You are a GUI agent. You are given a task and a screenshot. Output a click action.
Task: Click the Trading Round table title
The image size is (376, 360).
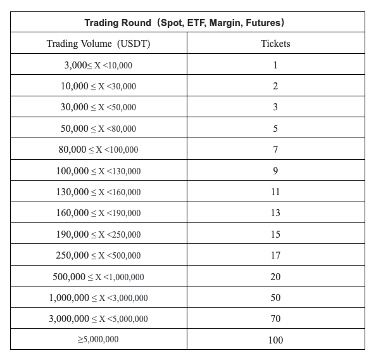coord(187,23)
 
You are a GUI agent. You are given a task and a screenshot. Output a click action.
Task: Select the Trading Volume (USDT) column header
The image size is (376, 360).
coord(98,44)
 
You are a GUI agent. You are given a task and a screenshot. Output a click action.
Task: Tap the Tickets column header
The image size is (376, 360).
coord(275,44)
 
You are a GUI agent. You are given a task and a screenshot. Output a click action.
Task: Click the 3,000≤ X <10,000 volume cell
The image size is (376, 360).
coord(98,65)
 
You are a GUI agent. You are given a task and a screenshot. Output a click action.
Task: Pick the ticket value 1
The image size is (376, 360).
coord(275,65)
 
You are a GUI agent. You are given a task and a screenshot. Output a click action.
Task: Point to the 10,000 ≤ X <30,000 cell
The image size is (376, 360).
coord(98,86)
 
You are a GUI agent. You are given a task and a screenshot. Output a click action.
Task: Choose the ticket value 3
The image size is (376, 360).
coord(275,107)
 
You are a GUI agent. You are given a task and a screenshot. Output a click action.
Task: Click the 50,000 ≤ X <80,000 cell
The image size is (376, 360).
coord(98,129)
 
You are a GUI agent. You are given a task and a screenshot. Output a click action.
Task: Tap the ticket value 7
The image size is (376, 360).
coord(275,150)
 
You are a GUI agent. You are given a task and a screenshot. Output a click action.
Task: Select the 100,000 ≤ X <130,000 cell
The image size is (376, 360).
coord(98,171)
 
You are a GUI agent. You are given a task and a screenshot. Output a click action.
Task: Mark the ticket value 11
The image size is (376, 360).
coord(275,192)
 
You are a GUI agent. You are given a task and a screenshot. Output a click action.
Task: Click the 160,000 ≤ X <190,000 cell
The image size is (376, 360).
coord(98,213)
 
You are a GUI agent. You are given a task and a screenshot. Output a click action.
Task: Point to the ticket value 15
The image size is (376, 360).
coord(275,235)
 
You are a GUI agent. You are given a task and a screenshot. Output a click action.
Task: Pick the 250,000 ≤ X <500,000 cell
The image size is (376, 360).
coord(98,255)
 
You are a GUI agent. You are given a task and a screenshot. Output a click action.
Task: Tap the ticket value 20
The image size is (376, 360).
coord(275,277)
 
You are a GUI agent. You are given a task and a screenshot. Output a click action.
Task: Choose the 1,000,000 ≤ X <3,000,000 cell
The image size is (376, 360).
coord(98,298)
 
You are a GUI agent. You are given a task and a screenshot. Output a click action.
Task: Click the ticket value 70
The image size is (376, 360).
coord(275,319)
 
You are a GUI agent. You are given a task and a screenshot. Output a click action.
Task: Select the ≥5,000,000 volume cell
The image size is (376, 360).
coord(98,340)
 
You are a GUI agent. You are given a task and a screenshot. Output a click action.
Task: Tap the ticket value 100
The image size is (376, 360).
coord(275,340)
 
